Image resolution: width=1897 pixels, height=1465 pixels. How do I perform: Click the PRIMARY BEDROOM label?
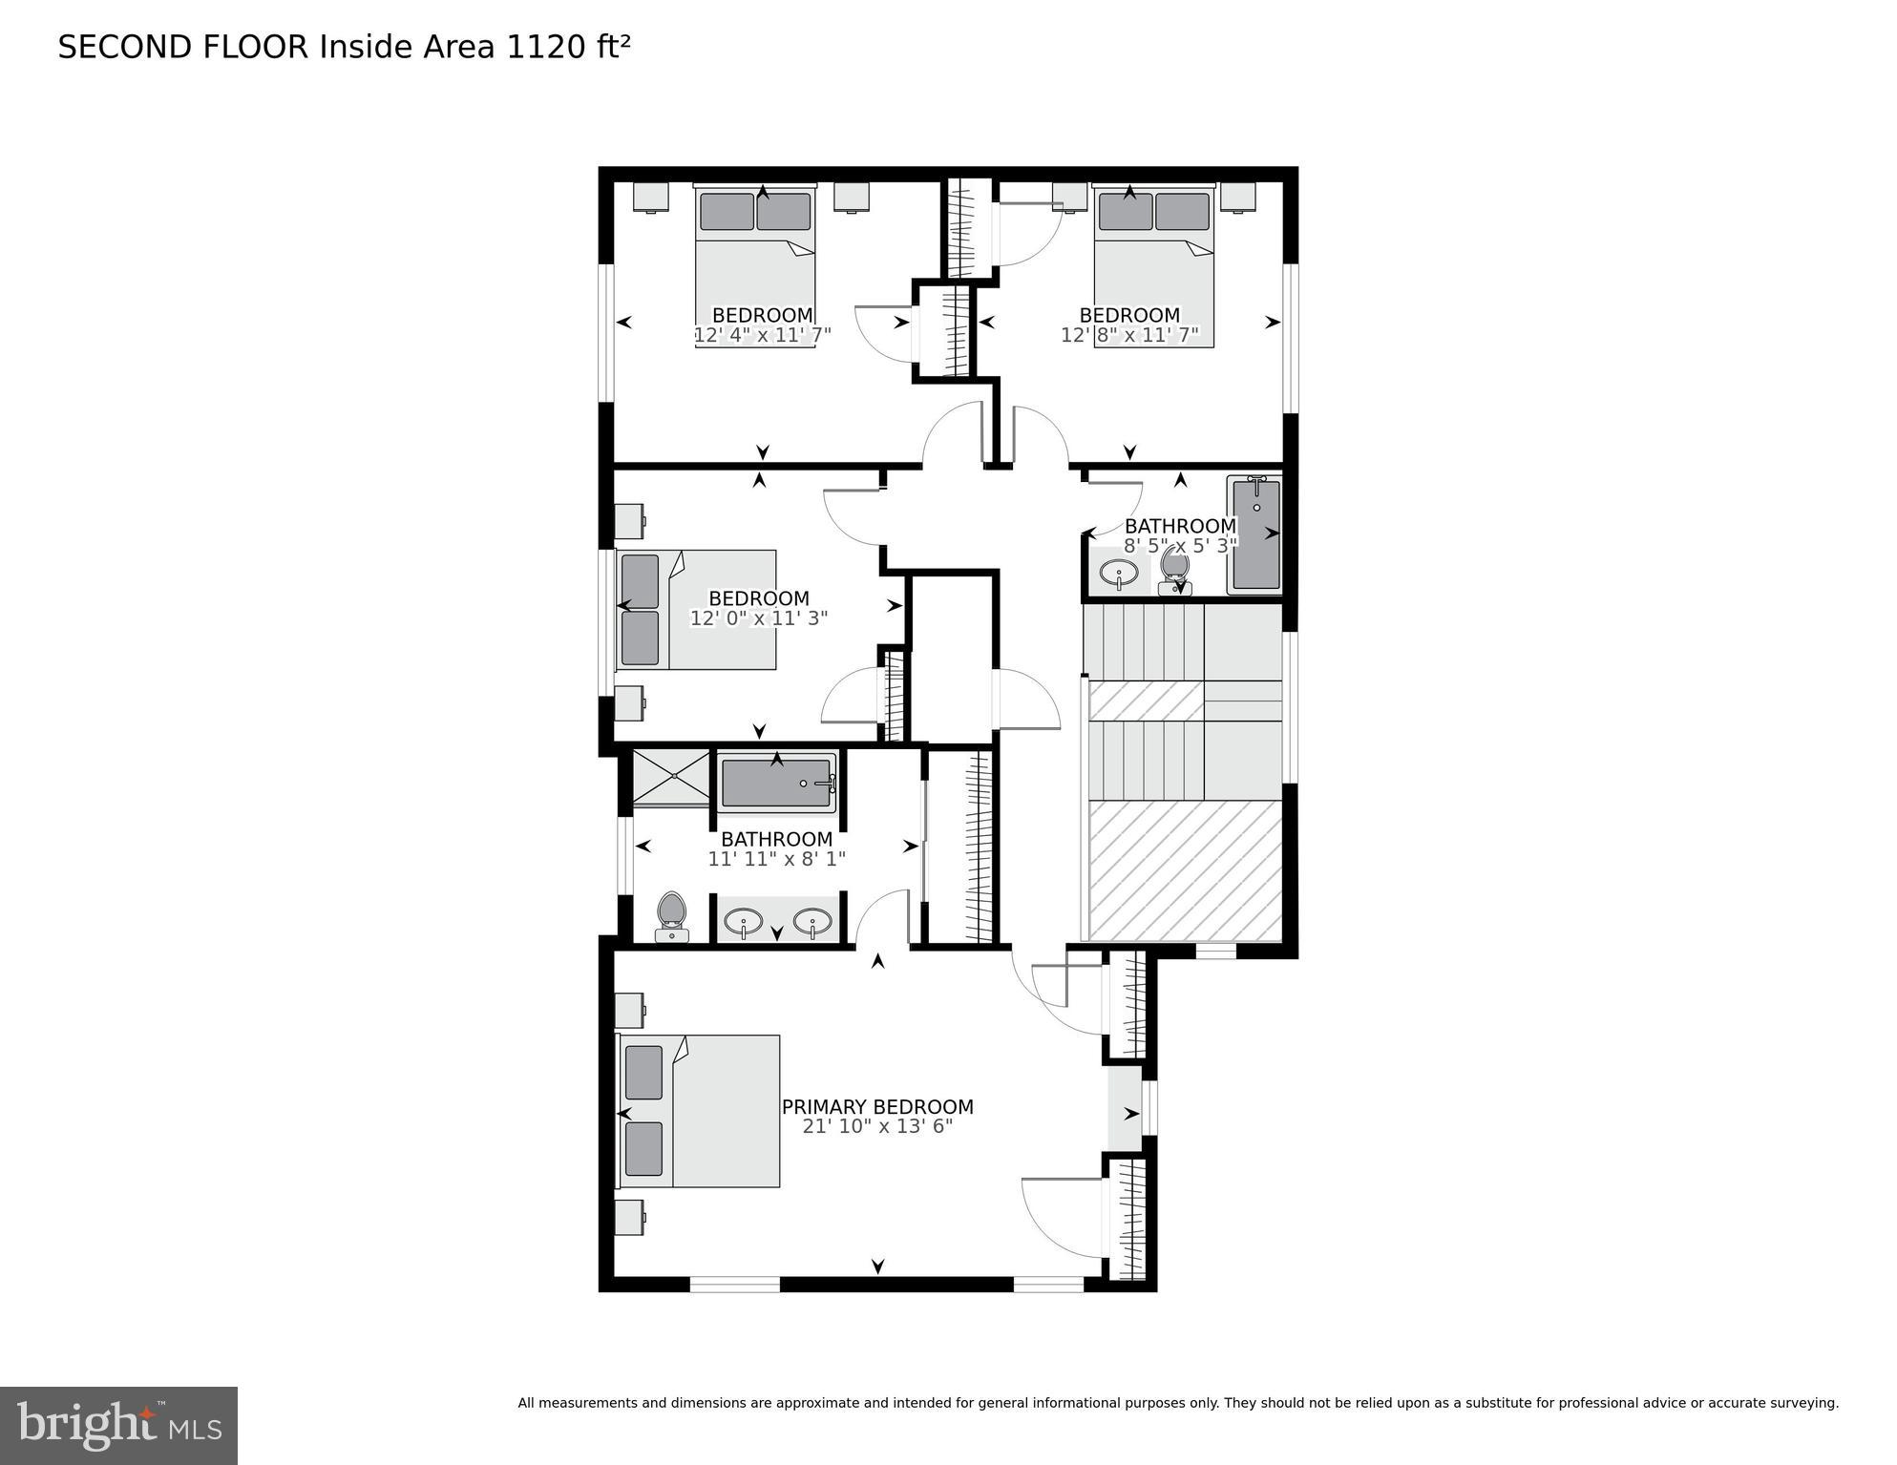(x=877, y=1106)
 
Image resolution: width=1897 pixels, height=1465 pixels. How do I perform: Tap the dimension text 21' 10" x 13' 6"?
(x=877, y=1127)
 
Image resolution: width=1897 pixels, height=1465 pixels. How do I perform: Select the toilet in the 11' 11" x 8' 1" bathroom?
(x=672, y=916)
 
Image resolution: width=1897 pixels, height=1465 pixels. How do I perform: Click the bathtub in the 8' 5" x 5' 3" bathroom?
(x=1255, y=534)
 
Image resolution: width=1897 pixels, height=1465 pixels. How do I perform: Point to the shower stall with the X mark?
(x=671, y=778)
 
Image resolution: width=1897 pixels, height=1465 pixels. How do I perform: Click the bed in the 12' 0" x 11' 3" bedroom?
(x=697, y=609)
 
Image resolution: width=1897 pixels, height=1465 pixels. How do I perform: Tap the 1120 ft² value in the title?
(x=568, y=47)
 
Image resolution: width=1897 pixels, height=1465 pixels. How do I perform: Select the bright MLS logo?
(x=118, y=1426)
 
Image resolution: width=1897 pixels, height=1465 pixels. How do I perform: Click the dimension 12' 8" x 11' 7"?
(x=1129, y=336)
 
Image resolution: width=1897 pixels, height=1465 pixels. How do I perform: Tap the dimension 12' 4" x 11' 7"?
(x=762, y=336)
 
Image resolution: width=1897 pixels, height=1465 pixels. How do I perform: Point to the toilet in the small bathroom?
(x=1174, y=571)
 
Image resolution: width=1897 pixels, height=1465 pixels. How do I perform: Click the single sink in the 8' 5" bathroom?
(x=1118, y=574)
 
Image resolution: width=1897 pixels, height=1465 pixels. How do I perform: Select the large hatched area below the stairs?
(x=1185, y=870)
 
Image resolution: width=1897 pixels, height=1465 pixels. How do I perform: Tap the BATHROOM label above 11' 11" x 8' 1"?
(x=776, y=839)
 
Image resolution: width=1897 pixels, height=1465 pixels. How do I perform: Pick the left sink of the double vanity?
(x=743, y=922)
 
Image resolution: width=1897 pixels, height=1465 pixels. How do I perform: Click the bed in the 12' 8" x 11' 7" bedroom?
(x=1153, y=267)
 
